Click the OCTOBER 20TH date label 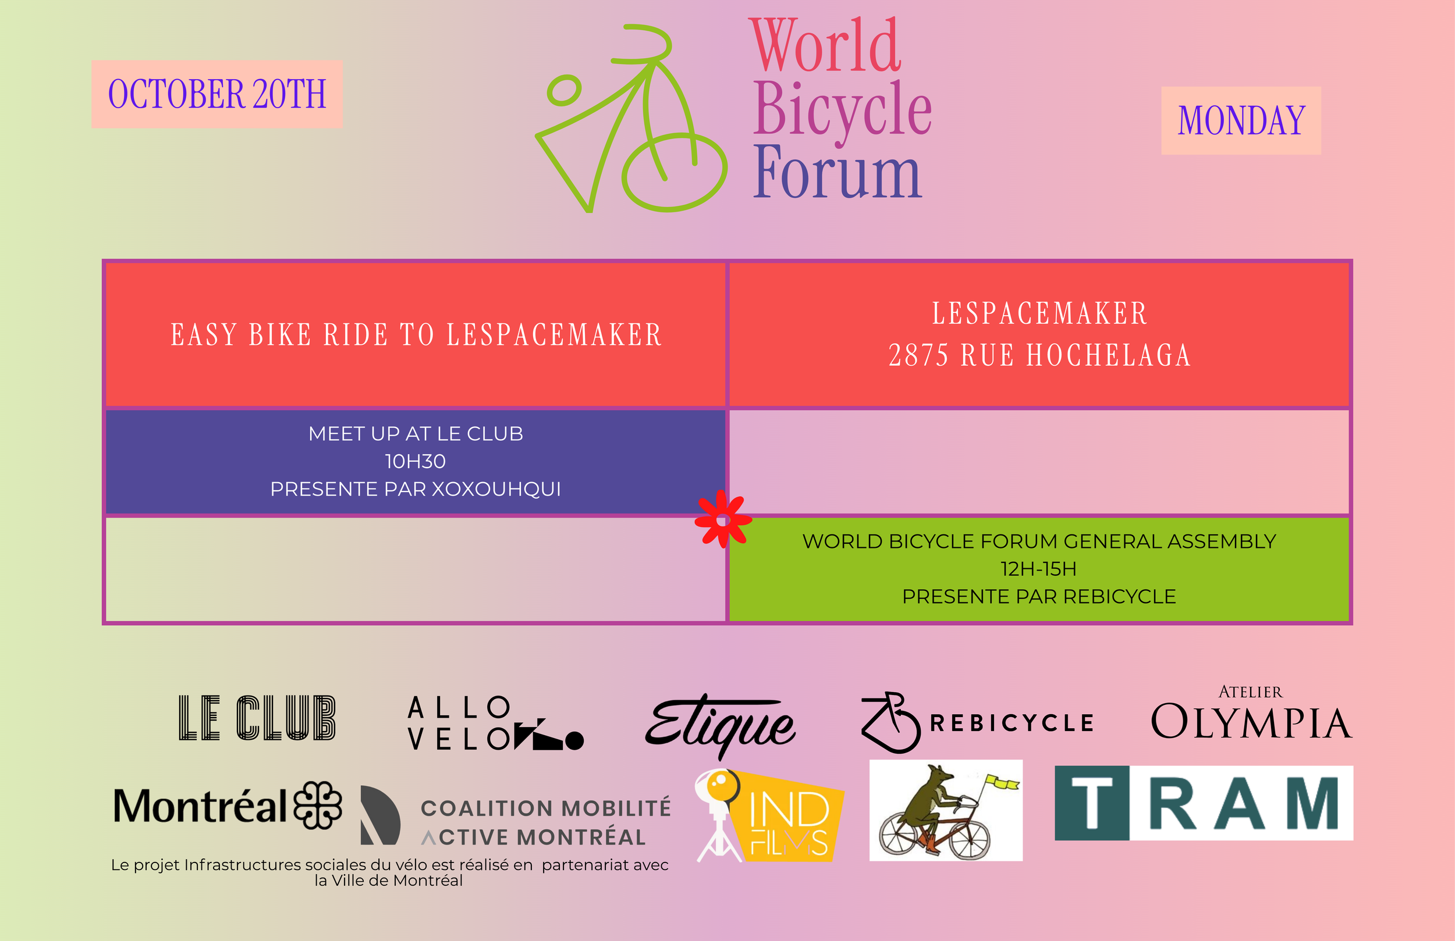(217, 94)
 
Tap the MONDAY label (1241, 120)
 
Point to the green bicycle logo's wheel (675, 172)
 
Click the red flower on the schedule (723, 520)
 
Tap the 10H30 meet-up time (415, 461)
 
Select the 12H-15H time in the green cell (1038, 569)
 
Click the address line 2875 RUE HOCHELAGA (1039, 355)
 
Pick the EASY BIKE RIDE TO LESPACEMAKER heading (416, 335)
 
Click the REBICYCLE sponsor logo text (1011, 723)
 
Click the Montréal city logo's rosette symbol (317, 805)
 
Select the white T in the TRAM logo (1091, 803)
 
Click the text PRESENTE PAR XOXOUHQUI (415, 489)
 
